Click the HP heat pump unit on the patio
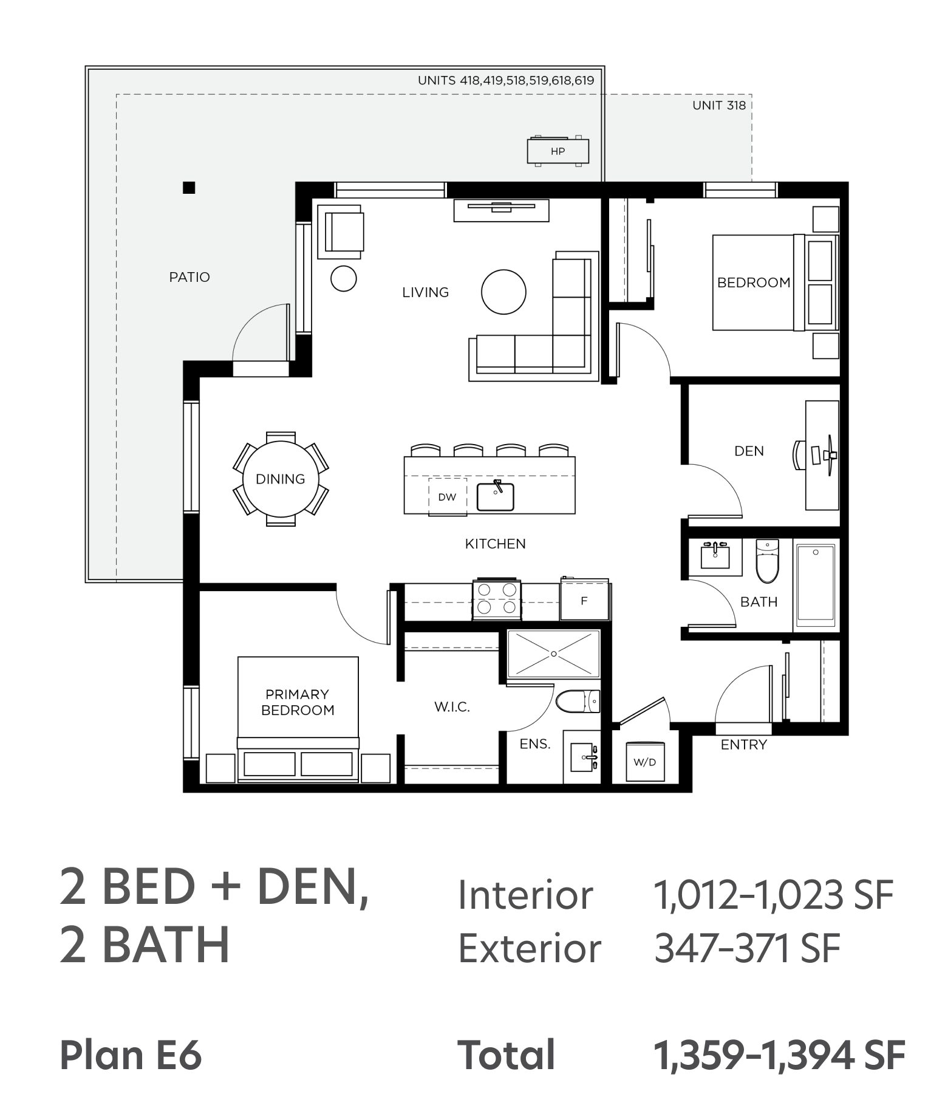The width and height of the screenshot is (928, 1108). [558, 151]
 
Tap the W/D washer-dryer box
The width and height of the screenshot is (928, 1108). [645, 762]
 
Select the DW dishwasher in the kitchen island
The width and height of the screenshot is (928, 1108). [448, 496]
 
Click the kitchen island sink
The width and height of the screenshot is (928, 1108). [496, 496]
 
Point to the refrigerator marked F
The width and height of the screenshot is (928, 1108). [584, 600]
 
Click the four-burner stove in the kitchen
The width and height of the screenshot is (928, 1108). [497, 599]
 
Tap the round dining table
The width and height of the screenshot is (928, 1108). [281, 479]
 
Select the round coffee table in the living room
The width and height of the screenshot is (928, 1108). [503, 292]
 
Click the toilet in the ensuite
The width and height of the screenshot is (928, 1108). [578, 701]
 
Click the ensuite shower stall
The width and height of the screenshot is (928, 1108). [553, 654]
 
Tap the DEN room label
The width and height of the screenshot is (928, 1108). [749, 451]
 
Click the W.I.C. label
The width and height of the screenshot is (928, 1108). [452, 706]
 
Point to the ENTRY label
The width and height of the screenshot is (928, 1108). [744, 745]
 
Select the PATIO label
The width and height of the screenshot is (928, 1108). [189, 277]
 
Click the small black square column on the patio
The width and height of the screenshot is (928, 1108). [189, 188]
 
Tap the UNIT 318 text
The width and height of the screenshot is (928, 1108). [719, 105]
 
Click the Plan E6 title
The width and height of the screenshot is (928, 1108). [131, 1055]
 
